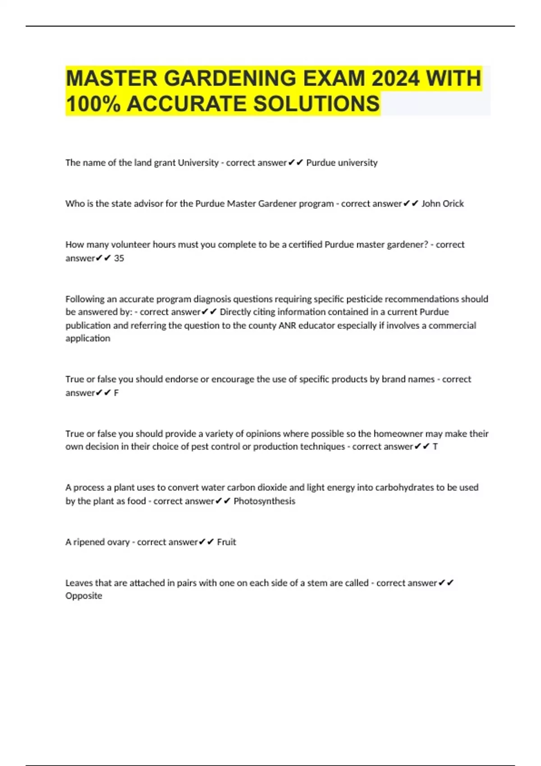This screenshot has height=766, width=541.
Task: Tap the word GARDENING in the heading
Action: (229, 78)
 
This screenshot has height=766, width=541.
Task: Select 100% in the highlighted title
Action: (93, 104)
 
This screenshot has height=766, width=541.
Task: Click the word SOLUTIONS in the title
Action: (316, 104)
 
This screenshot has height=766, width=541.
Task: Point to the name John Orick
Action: (442, 204)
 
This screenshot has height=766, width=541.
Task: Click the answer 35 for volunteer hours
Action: (119, 258)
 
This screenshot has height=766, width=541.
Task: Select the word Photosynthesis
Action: (264, 501)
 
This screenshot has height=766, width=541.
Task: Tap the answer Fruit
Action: (226, 542)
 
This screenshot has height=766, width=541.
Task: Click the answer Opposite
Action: (84, 596)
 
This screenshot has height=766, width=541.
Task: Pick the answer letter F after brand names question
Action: (116, 393)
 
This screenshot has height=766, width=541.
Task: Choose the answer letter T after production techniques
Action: (435, 447)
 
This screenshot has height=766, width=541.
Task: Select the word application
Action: (87, 338)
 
